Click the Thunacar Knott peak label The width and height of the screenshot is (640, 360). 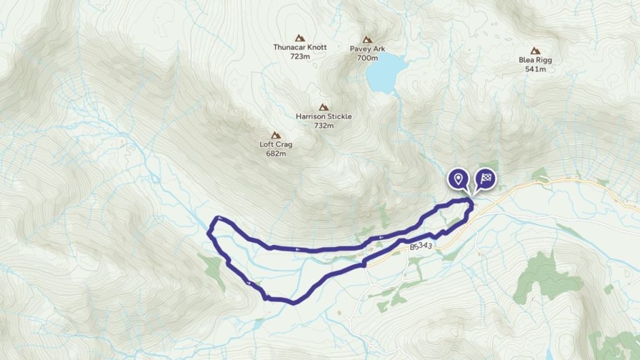pyautogui.click(x=300, y=47)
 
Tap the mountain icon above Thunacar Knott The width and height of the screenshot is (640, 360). pyautogui.click(x=300, y=37)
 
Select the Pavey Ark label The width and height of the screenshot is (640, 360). pyautogui.click(x=367, y=47)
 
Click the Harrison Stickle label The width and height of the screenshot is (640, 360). pyautogui.click(x=323, y=116)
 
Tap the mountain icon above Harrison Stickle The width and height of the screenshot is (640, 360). pyautogui.click(x=323, y=107)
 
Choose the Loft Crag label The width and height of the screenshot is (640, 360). pyautogui.click(x=276, y=144)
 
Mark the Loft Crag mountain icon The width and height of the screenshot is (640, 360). pyautogui.click(x=275, y=134)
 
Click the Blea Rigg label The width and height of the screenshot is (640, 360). pyautogui.click(x=535, y=60)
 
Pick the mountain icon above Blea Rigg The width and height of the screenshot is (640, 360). pyautogui.click(x=535, y=51)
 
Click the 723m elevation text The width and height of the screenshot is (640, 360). pyautogui.click(x=300, y=56)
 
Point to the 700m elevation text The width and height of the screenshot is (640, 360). pyautogui.click(x=367, y=57)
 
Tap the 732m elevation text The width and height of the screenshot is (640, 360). pyautogui.click(x=324, y=126)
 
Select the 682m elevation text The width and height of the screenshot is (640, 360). pyautogui.click(x=276, y=153)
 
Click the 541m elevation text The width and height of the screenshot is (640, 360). pyautogui.click(x=536, y=69)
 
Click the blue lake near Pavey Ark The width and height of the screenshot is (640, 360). pyautogui.click(x=385, y=72)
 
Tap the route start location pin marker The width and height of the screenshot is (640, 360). pyautogui.click(x=459, y=179)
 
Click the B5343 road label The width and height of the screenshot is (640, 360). pyautogui.click(x=421, y=247)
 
